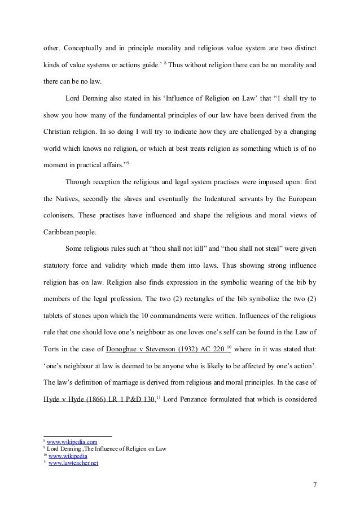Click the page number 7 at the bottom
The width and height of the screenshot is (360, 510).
(314, 485)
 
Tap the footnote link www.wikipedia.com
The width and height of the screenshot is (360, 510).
(71, 441)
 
